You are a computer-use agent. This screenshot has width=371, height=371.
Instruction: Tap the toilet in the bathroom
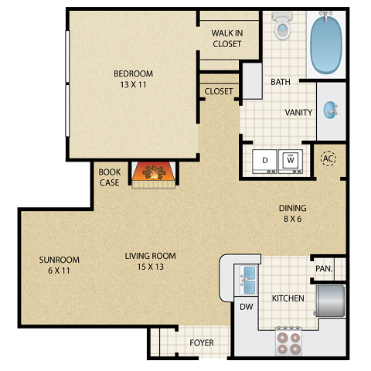click(282, 27)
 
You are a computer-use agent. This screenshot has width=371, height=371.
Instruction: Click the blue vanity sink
click(332, 110)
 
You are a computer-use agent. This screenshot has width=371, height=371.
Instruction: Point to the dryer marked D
click(265, 159)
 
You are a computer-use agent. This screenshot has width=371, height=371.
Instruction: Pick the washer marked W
click(291, 159)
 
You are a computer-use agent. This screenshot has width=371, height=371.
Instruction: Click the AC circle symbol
click(328, 158)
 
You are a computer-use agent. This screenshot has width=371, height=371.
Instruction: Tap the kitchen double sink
click(249, 280)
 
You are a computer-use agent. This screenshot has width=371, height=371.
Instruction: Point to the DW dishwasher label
click(246, 307)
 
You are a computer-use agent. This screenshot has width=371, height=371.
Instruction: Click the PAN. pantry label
click(325, 269)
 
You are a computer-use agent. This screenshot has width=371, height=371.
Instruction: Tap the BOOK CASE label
click(109, 177)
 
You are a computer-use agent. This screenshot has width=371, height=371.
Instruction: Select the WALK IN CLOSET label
click(227, 39)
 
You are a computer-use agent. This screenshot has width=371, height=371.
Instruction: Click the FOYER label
click(202, 342)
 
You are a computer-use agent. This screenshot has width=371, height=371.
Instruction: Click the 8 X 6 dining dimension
click(293, 219)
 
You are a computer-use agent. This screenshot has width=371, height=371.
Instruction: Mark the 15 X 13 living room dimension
click(151, 267)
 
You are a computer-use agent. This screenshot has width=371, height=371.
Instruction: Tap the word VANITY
click(298, 112)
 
